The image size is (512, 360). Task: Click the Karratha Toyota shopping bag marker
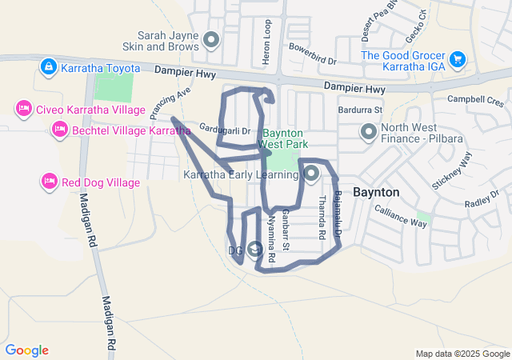48,66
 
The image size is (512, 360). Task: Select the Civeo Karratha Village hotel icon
23,109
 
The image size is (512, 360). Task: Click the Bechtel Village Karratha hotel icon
58,129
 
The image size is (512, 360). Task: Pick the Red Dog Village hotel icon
48,182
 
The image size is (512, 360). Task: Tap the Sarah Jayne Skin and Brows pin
211,39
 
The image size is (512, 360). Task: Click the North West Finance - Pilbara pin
369,131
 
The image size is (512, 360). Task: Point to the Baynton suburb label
376,193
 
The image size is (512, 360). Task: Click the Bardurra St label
361,109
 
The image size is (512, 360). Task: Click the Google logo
26,350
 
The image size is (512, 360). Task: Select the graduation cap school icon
255,250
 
